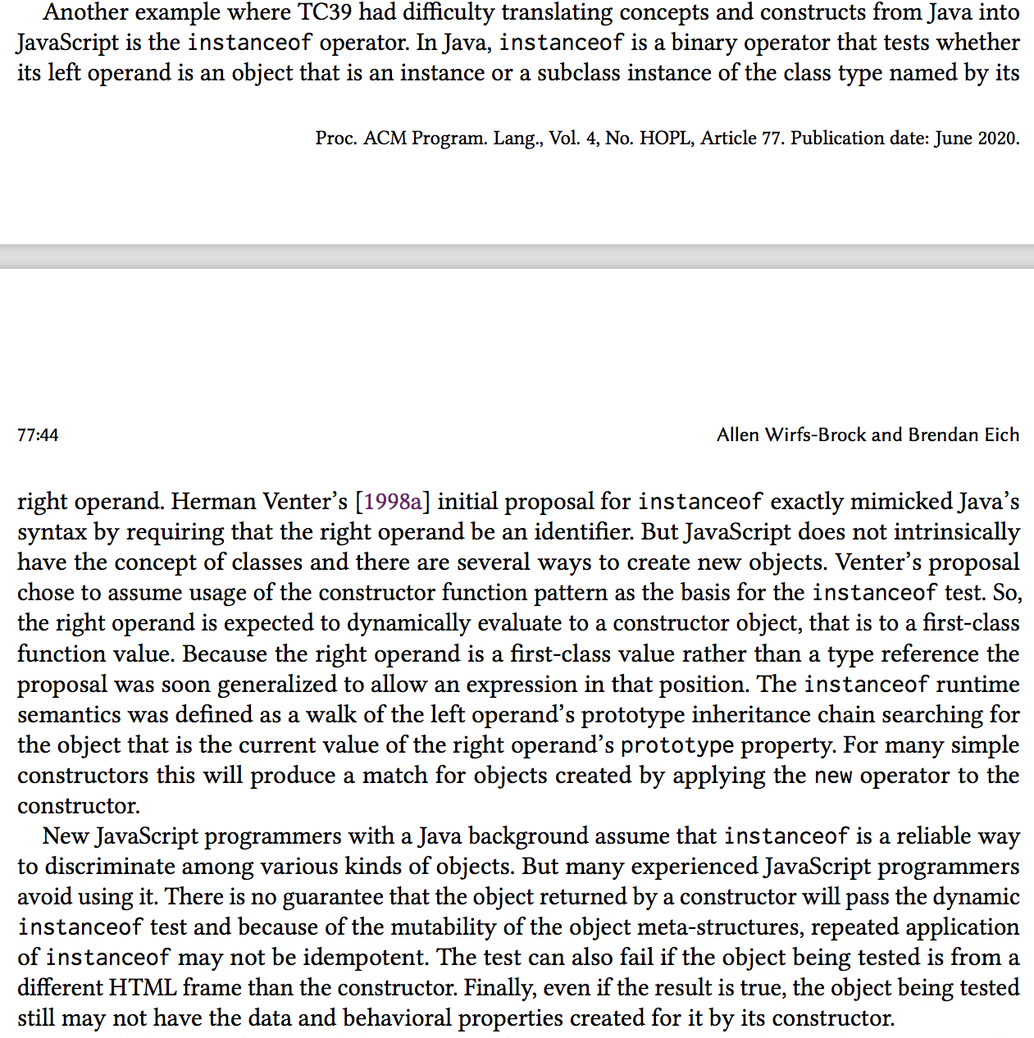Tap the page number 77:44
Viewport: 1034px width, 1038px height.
coord(38,435)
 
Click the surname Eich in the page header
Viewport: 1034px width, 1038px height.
coord(1002,435)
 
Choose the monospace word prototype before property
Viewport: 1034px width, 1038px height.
coord(677,745)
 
